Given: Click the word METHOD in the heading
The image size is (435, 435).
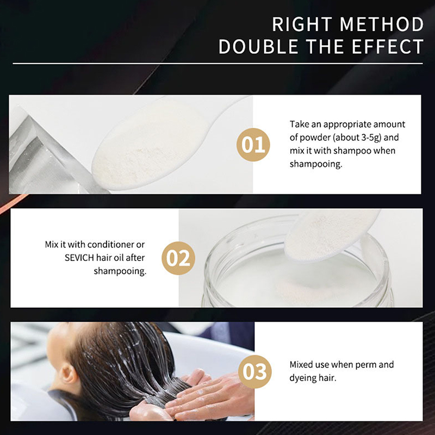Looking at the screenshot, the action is coord(382,24).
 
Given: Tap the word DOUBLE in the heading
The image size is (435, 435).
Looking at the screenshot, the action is coord(258,46).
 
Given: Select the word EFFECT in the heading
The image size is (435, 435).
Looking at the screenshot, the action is coord(388,46).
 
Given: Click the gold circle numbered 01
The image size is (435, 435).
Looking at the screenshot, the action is coord(253,145).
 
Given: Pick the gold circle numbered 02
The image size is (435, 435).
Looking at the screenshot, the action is coord(178,258).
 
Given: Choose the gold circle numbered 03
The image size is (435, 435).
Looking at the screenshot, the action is coord(254,371).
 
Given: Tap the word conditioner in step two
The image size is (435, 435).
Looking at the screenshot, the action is coord(110,244).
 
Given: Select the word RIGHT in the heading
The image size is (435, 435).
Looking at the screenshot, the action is coord(302,24).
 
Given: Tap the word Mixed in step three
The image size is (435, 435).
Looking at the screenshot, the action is coord(301,364).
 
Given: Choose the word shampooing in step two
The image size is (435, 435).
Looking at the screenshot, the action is coord(120,271).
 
